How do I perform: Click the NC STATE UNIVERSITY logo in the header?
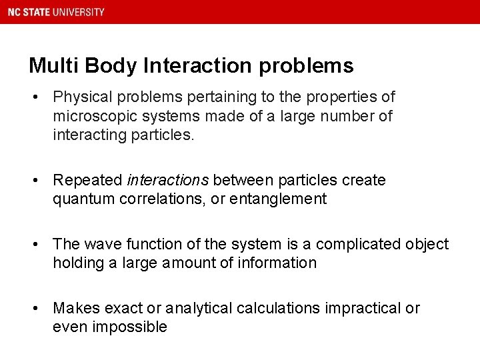pyautogui.click(x=56, y=12)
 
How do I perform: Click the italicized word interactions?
pyautogui.click(x=167, y=180)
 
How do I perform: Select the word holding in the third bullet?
pyautogui.click(x=78, y=263)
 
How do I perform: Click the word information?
pyautogui.click(x=278, y=263)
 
